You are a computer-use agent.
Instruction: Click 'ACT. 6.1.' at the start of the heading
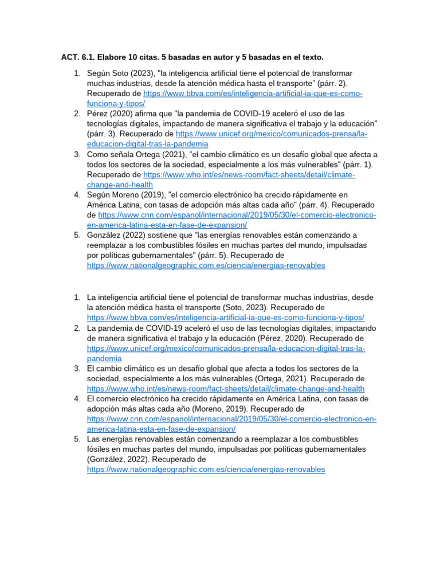click(78, 57)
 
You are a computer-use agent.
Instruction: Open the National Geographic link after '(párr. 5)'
click(206, 265)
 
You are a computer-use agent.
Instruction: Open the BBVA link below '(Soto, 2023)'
click(225, 318)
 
